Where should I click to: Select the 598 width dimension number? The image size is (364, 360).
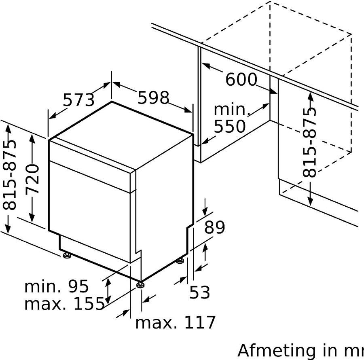coord(153,97)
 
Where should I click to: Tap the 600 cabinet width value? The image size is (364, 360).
coord(241,80)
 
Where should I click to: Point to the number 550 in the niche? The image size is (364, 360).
coord(229,127)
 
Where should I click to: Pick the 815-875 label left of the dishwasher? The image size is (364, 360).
coord(10,175)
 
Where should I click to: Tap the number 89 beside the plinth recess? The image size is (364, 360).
coord(214,228)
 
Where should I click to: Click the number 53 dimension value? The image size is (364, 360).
coord(200,292)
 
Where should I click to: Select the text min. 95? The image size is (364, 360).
coord(57,287)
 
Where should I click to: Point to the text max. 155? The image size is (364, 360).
coord(64,304)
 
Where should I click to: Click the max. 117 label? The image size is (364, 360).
coord(175,323)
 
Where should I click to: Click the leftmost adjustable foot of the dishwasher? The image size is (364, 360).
coord(66,256)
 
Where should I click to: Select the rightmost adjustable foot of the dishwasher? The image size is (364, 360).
coord(180,261)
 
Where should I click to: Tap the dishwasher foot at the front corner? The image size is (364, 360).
coord(140,284)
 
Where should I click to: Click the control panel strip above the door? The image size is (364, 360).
coord(91,162)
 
